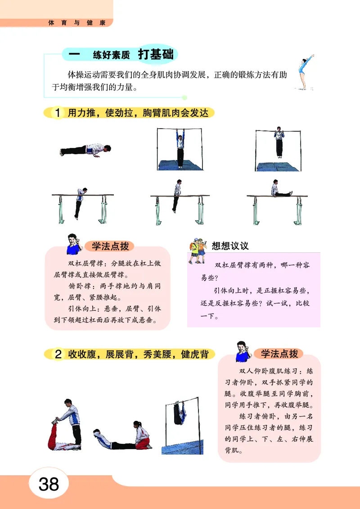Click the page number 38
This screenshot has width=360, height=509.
(x=49, y=484)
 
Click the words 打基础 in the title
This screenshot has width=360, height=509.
(x=155, y=55)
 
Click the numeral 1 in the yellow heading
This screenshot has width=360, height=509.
(x=58, y=113)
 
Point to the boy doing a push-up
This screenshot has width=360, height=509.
(x=85, y=150)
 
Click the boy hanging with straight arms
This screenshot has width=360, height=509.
(x=180, y=148)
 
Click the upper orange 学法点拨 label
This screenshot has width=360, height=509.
(x=110, y=246)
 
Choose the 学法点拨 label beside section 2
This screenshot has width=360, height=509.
(x=279, y=353)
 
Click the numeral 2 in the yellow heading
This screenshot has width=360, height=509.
(x=58, y=355)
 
